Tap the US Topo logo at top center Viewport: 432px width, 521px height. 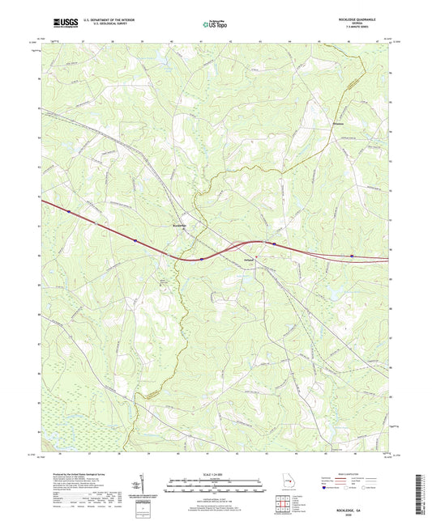click(215, 25)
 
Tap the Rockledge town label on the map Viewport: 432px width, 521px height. click(182, 226)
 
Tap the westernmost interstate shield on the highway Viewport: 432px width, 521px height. click(69, 211)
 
